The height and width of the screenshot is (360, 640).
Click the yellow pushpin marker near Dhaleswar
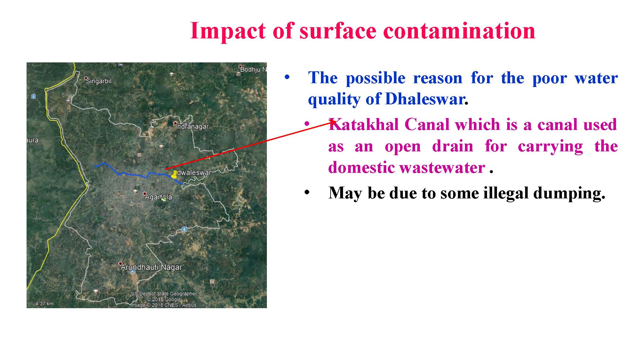[x=174, y=174]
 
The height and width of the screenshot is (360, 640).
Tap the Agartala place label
[x=158, y=197]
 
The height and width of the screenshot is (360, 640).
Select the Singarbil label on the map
[x=99, y=81]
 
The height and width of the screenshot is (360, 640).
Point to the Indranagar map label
[x=192, y=127]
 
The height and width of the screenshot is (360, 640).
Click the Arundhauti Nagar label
[x=151, y=267]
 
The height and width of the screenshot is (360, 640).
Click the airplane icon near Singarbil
[x=68, y=100]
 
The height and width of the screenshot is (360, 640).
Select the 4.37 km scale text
[x=44, y=304]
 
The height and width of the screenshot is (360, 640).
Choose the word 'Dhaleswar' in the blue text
[x=425, y=99]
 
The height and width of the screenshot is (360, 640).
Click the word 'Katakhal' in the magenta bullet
[x=364, y=124]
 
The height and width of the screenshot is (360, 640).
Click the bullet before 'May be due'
[x=307, y=193]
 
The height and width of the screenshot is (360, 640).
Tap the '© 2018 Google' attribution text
[x=164, y=300]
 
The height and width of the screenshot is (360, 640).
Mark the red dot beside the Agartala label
[x=145, y=194]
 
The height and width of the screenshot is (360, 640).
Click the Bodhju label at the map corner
[x=253, y=69]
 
